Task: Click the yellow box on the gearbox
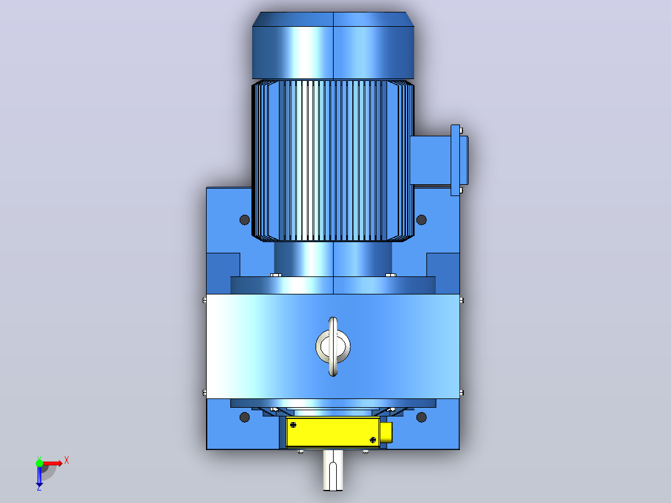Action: [333, 432]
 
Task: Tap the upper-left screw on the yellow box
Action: [293, 425]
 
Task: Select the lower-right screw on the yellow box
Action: [373, 440]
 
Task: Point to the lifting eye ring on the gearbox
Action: [333, 347]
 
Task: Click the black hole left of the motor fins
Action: [245, 220]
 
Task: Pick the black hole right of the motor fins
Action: [421, 220]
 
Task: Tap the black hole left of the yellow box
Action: [245, 417]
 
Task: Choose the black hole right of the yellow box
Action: [421, 417]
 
